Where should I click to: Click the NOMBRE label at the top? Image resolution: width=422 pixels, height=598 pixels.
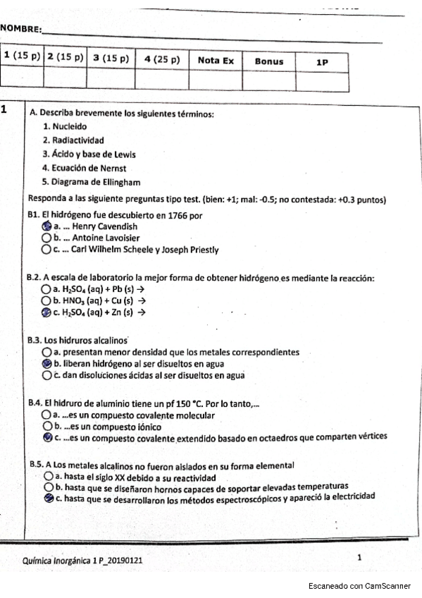click(x=20, y=29)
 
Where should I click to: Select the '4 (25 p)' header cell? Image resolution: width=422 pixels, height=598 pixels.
click(x=162, y=61)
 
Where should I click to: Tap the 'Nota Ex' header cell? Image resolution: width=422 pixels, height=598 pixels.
click(x=216, y=61)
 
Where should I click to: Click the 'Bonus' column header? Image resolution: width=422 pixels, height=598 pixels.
click(x=269, y=61)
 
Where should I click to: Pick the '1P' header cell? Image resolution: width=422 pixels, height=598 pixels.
click(x=322, y=62)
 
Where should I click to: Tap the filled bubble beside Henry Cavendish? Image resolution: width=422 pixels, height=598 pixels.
click(x=46, y=227)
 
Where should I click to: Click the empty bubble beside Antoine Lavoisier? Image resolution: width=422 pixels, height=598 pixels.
click(x=46, y=238)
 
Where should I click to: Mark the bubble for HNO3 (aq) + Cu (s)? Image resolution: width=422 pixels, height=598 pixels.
click(x=46, y=300)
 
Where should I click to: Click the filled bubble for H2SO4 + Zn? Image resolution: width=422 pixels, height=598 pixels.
click(x=46, y=312)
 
